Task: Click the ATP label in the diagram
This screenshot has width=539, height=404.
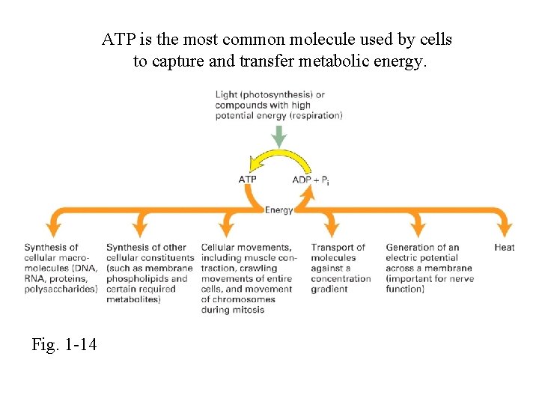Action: (247, 180)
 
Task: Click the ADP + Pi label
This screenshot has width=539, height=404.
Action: (310, 180)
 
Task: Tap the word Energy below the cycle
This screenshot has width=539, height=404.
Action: (279, 210)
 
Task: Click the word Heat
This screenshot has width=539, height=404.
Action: (505, 248)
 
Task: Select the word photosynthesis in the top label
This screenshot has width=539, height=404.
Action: (276, 95)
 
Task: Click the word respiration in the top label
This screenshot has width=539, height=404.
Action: (317, 115)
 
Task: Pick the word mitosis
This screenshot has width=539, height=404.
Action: (248, 310)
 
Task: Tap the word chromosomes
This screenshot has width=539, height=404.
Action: (240, 300)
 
